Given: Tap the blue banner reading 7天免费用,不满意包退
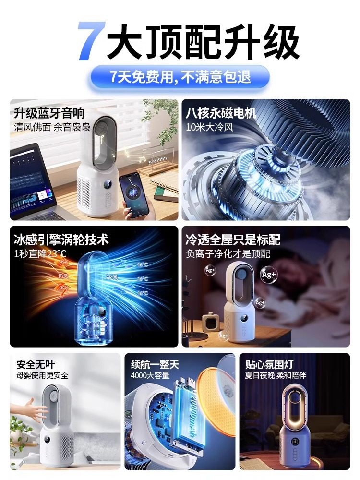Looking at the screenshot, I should pos(180,76).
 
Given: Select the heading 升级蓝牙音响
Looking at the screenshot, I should pos(49,113).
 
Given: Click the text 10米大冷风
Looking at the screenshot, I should pos(207,128).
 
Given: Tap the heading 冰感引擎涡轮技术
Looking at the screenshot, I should pos(61,239).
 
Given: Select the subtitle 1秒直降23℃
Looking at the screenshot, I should pos(41,253).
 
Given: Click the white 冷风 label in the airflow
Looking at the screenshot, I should pos(111,277).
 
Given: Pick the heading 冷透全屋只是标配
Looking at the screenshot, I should pos(233,239).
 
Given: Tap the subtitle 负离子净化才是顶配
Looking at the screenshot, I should pos(228,253).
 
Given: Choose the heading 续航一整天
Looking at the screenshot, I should pos(155,364).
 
